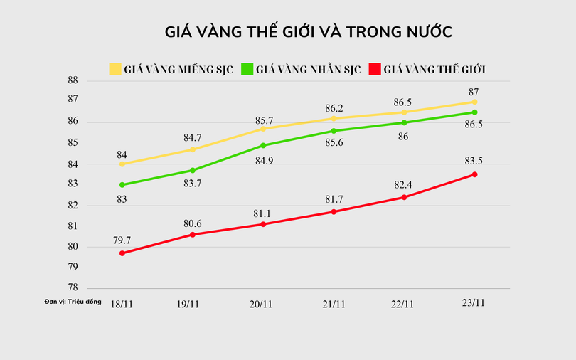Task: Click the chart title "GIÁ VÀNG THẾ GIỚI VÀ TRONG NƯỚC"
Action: pos(309,33)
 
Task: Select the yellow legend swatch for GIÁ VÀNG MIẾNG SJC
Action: pos(115,69)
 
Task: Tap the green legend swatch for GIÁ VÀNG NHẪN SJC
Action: pos(247,69)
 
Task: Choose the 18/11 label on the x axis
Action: pos(122,304)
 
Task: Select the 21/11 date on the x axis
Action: pos(334,304)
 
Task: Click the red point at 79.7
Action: pos(122,253)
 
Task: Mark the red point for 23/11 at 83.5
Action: pos(474,174)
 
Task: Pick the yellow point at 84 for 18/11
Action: pos(122,164)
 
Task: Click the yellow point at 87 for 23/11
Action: pos(474,102)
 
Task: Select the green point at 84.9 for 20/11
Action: pos(263,145)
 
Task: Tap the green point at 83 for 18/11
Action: pos(122,185)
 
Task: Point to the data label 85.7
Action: pos(264,121)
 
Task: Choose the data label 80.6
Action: pos(193,223)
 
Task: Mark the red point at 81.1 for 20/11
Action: pos(263,224)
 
